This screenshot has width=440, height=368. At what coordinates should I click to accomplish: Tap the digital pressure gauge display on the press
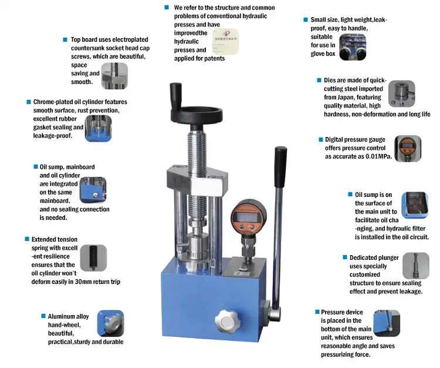click(x=244, y=216)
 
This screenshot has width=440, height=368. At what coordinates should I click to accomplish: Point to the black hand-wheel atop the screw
click(x=197, y=115)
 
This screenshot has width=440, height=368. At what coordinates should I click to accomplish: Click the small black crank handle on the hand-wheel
click(x=176, y=95)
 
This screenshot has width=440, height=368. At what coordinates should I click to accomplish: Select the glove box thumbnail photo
click(x=353, y=47)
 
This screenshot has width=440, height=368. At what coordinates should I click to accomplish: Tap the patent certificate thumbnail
click(x=225, y=42)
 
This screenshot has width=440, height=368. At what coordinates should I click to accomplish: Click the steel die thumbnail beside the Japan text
click(x=401, y=93)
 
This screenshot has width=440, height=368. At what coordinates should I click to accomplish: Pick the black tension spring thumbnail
click(x=93, y=258)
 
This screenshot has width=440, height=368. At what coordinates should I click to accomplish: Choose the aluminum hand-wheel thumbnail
click(x=110, y=323)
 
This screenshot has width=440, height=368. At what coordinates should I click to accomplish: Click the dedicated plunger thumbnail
click(x=416, y=266)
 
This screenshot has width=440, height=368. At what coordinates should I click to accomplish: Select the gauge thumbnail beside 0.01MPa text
click(x=408, y=149)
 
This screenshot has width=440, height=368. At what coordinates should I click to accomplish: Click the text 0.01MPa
click(x=378, y=156)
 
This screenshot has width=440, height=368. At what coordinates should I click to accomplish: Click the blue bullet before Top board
click(x=65, y=39)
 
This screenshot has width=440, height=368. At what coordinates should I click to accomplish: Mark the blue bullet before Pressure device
click(x=317, y=312)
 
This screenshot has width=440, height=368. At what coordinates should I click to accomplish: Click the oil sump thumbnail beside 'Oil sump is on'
click(x=415, y=205)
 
